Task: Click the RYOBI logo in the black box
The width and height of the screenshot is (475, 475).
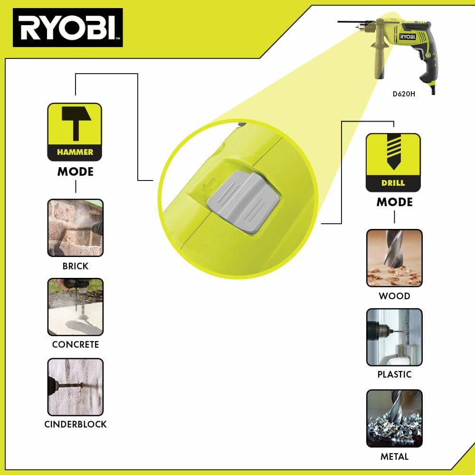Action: point(67,28)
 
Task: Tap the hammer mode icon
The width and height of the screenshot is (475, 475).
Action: point(75,132)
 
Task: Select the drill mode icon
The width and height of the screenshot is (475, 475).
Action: point(393,162)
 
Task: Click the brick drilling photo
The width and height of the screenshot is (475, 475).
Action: point(76,228)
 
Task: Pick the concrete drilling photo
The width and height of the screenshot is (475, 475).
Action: point(76,307)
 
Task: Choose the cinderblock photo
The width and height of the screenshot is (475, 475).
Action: point(76,387)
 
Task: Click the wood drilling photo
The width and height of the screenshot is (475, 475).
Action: point(394,258)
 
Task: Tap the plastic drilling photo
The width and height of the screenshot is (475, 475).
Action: point(394,337)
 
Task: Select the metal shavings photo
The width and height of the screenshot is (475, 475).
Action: point(394,418)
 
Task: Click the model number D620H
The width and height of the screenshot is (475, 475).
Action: point(404,94)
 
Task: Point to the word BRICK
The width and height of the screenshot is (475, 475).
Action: point(76,266)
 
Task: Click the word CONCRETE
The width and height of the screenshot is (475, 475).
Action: point(76,344)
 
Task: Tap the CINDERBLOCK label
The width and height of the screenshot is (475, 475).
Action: point(76,424)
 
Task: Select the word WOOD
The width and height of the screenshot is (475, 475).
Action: point(394,295)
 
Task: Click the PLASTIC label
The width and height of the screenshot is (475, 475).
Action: point(394,374)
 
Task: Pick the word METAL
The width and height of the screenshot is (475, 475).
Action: point(394,456)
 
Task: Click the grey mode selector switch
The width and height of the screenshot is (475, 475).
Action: point(243,202)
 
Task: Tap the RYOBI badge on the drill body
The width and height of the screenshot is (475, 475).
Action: point(408,37)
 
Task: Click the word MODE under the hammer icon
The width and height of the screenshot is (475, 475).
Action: point(76,172)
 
